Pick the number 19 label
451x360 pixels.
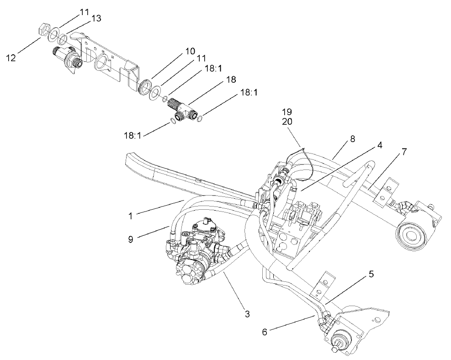click(x=287, y=111)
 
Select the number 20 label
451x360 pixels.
click(x=287, y=122)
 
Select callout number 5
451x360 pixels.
click(x=371, y=275)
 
